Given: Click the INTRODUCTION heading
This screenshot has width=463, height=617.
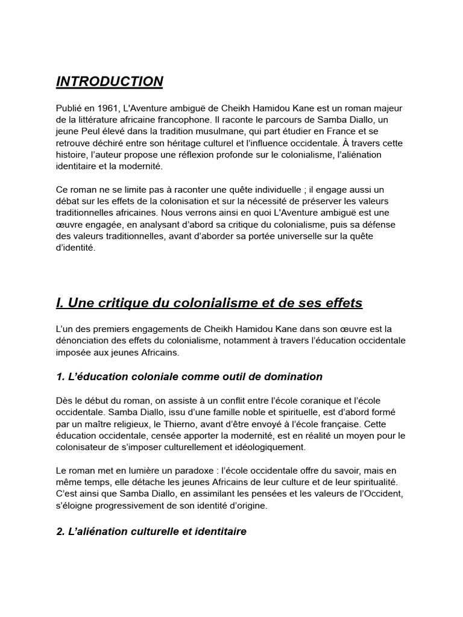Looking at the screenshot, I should pos(109,81).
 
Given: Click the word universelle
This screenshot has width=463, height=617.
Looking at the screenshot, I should pos(295,236).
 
